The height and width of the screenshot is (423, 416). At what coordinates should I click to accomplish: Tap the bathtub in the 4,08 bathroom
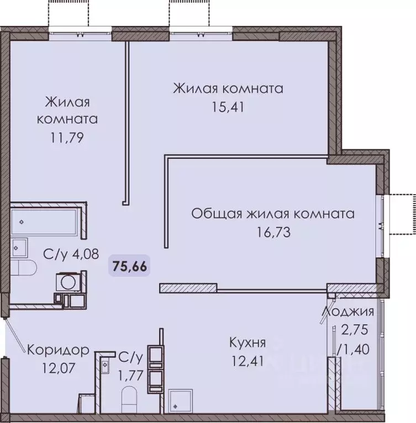44,221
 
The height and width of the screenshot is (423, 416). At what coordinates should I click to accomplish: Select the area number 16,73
272,232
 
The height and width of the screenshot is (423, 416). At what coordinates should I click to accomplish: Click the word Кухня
248,343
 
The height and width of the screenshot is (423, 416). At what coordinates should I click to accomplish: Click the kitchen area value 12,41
248,361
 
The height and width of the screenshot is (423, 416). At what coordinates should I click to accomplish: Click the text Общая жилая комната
272,213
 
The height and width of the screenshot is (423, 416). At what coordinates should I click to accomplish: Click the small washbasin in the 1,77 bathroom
104,365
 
